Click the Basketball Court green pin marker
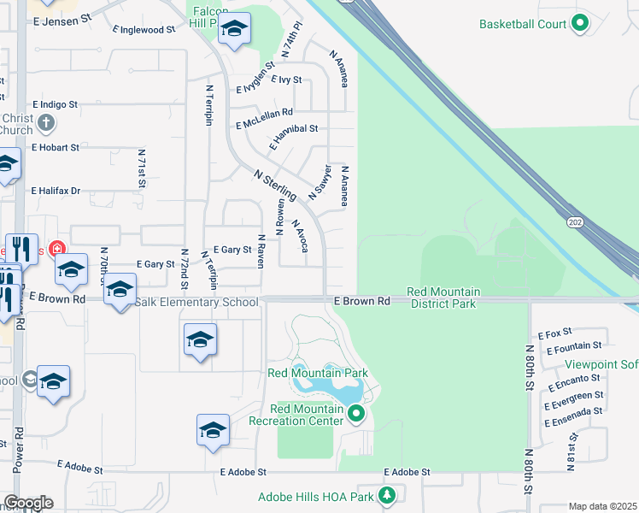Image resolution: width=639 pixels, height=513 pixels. click(580, 23)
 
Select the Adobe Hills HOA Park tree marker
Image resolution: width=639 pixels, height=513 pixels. click(388, 495)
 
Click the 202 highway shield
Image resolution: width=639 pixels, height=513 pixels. click(573, 221)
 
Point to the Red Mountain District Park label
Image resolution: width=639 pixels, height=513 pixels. click(442, 297)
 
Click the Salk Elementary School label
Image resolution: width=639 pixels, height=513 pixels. click(197, 302)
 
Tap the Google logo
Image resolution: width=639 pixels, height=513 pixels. click(28, 503)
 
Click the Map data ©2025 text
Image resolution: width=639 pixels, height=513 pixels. click(602, 506)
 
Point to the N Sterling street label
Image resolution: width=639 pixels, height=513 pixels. click(275, 184)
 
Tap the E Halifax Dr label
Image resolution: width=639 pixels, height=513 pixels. click(56, 191)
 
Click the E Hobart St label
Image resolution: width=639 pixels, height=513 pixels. click(56, 147)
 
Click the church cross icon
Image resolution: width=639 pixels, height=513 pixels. click(46, 124)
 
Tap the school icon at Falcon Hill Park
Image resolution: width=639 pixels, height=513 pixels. click(234, 31)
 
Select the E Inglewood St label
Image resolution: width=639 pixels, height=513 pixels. click(144, 29)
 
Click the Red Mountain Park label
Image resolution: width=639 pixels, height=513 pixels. click(318, 373)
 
